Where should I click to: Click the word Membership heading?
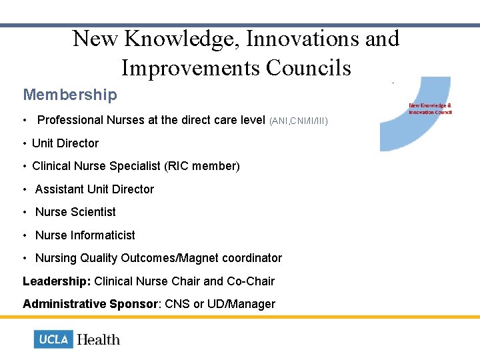click(70, 95)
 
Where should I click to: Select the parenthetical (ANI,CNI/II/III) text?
click(299, 121)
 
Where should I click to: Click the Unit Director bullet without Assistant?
click(65, 143)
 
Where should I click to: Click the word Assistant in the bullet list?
click(61, 189)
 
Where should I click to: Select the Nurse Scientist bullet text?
click(75, 212)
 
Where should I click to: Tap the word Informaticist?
click(103, 235)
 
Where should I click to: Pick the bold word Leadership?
click(57, 281)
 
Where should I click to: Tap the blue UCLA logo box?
click(53, 339)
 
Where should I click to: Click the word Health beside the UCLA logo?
click(99, 339)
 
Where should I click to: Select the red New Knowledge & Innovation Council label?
click(430, 108)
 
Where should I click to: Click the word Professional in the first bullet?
click(71, 120)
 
